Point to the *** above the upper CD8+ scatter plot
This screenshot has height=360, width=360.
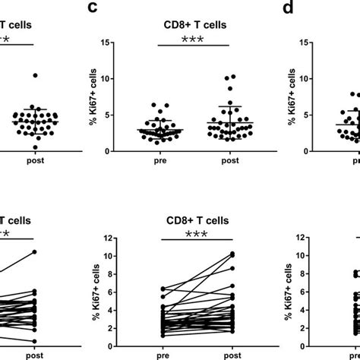(194, 39)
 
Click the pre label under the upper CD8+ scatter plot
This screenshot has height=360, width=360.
(156, 161)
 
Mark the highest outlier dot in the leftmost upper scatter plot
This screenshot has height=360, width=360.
(34, 74)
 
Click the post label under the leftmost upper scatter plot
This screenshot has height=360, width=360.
(32, 161)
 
